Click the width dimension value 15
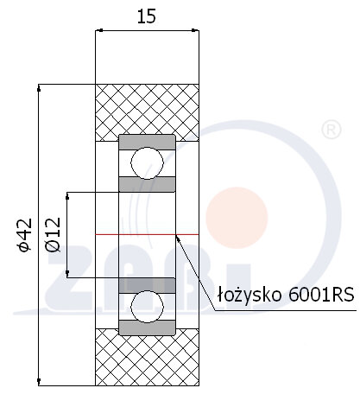147,16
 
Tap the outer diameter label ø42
25,235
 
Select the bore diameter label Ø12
54,234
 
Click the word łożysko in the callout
249,295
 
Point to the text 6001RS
321,295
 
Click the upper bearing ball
147,163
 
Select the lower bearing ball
147,307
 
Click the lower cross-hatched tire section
147,357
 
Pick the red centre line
147,234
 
